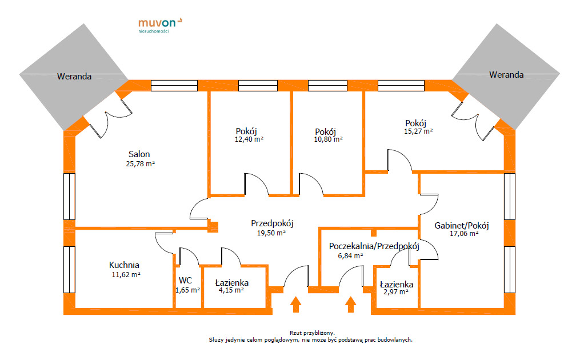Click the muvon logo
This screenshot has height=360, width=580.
(160, 25)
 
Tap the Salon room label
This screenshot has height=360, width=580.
(139, 154)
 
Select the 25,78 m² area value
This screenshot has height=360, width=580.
(140, 163)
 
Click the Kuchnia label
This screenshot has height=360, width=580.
(124, 265)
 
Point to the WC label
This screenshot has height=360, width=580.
(185, 281)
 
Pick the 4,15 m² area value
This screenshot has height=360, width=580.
(231, 290)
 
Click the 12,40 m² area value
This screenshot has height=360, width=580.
(249, 139)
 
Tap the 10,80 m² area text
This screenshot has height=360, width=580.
(328, 139)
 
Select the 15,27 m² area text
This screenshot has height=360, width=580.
(418, 131)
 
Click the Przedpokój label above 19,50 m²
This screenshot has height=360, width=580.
(272, 223)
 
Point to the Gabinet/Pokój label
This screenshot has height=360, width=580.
(462, 225)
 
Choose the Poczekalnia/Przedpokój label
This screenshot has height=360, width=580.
(374, 246)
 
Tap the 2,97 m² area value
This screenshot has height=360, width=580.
(396, 292)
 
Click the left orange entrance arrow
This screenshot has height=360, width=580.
(295, 305)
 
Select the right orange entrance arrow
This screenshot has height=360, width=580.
(351, 305)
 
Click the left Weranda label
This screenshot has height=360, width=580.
(74, 77)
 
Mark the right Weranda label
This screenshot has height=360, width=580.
(506, 75)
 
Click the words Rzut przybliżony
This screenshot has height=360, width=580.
(312, 333)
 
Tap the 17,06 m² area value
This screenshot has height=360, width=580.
(464, 234)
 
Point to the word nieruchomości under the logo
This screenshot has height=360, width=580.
(154, 31)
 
